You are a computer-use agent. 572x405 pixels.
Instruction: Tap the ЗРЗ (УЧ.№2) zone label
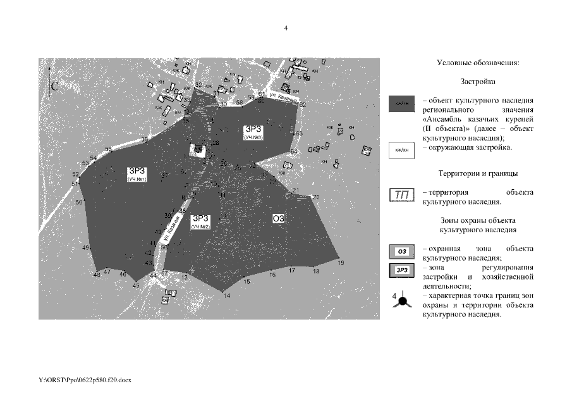tap(201, 221)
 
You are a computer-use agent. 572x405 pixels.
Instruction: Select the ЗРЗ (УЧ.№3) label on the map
tap(252, 133)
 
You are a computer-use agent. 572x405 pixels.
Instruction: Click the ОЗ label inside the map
tap(279, 219)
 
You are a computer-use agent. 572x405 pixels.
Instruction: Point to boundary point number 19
tap(341, 262)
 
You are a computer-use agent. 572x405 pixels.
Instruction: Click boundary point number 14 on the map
tap(226, 296)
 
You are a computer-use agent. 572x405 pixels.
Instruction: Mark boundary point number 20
tap(316, 197)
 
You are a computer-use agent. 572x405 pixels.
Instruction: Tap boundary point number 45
tap(135, 286)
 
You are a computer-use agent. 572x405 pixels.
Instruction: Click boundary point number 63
tap(299, 134)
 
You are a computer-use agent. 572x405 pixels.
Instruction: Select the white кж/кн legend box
tap(400, 151)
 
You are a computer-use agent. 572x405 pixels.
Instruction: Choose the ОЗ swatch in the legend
tap(400, 252)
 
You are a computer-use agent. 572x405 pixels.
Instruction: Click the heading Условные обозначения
tap(478, 63)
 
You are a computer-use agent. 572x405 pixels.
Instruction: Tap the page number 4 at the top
tap(286, 28)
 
